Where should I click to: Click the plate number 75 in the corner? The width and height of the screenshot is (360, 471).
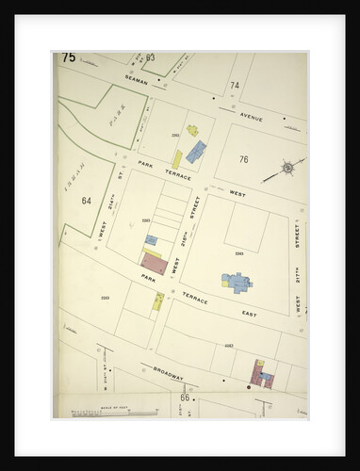[69, 57]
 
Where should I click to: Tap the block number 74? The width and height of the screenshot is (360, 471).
[234, 86]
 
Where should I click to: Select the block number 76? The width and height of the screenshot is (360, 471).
[243, 159]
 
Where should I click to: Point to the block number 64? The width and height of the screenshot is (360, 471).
[87, 200]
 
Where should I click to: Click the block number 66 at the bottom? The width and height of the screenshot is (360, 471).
[186, 398]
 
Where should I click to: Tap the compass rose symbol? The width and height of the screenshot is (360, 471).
[286, 171]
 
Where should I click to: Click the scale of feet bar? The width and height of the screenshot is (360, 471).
[98, 412]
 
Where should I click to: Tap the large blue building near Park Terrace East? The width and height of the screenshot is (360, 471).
[237, 282]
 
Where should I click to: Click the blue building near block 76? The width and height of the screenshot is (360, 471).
[195, 151]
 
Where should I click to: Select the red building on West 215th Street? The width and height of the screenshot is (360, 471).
[154, 264]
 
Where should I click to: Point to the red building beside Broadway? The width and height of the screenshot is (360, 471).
[256, 372]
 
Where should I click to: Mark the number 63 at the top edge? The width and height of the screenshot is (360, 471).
[150, 57]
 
